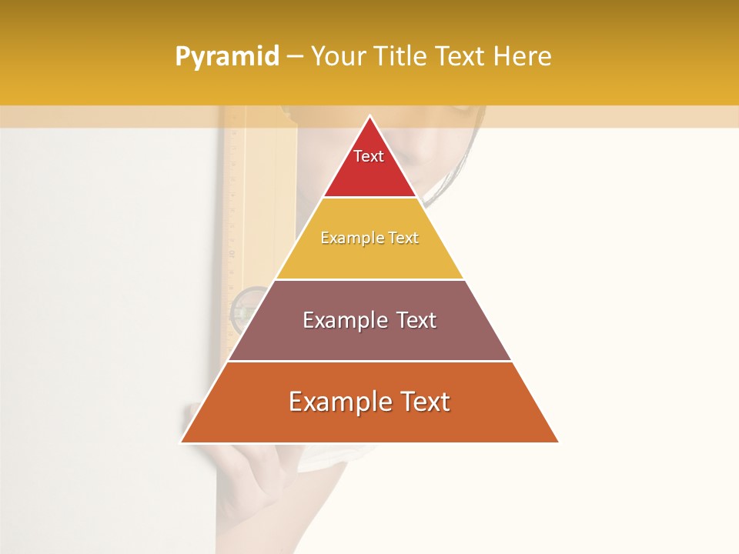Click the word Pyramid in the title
(226, 57)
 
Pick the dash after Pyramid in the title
(295, 57)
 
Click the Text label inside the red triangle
(369, 156)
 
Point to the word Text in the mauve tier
(416, 320)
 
